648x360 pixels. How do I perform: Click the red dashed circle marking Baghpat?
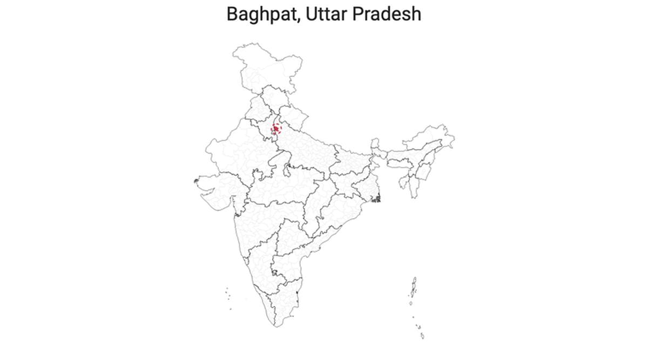277,129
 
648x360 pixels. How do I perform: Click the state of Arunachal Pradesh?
432,135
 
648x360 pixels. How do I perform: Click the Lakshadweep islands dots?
228,296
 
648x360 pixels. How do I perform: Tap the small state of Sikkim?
374,144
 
